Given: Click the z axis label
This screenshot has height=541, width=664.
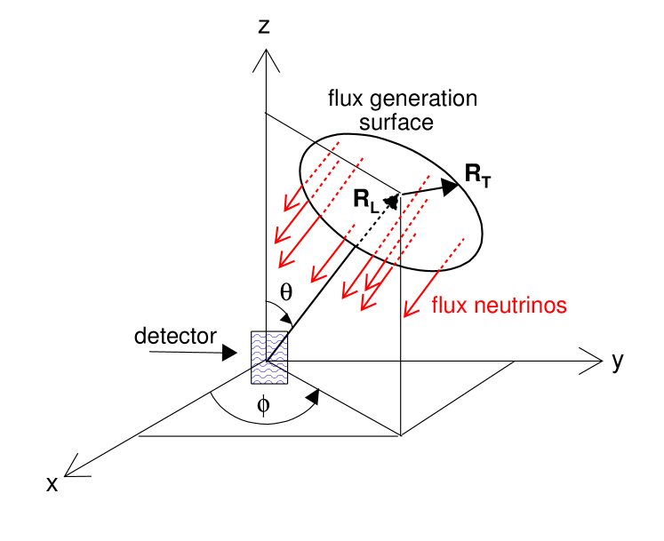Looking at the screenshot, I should click(x=264, y=27).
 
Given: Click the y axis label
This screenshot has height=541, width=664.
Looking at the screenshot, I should click(x=617, y=362).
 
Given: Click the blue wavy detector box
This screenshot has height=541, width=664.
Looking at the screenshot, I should click(x=269, y=357).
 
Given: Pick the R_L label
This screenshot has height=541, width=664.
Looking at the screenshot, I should click(x=366, y=202).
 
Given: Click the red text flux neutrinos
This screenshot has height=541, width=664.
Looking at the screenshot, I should click(x=499, y=306).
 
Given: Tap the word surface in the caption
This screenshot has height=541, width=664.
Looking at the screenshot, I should click(x=403, y=122).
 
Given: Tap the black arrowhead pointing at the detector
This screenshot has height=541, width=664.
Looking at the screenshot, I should click(x=230, y=353).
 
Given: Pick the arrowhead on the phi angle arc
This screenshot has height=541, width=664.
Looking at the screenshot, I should click(x=313, y=397).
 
